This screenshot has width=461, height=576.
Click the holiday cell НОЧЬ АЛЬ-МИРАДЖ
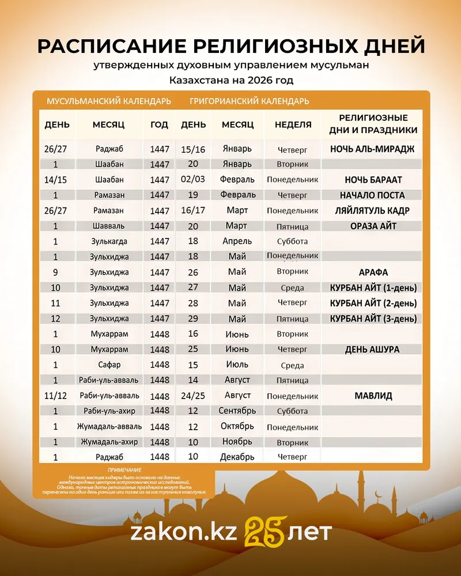[x=372, y=149]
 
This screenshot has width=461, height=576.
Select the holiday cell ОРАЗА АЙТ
[x=373, y=226]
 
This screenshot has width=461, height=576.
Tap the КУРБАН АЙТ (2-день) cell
[x=373, y=303]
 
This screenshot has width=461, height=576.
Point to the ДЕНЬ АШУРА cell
[x=372, y=349]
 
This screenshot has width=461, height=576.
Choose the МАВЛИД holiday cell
[x=373, y=396]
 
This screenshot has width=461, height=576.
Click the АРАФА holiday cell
[x=373, y=272]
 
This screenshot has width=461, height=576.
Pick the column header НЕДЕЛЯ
[x=293, y=124]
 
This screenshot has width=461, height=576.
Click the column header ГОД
[x=159, y=124]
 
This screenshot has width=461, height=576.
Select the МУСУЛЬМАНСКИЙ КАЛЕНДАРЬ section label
[x=108, y=101]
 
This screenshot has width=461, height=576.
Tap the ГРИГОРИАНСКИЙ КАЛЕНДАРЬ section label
[x=249, y=101]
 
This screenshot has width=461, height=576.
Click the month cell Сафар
[x=109, y=365]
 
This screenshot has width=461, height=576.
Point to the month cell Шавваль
[x=109, y=226]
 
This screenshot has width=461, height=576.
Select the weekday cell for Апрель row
[x=293, y=241]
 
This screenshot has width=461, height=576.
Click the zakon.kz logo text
[x=183, y=532]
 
